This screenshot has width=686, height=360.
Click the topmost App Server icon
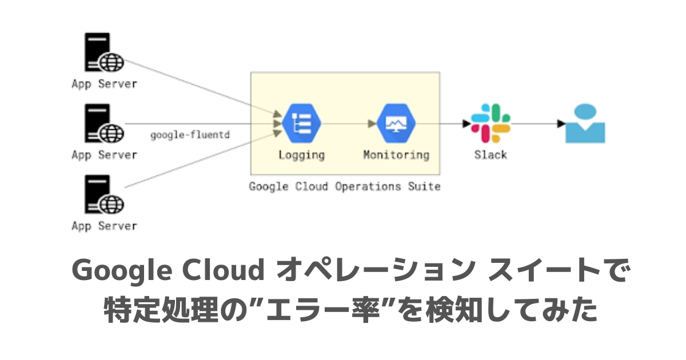[x=104, y=52]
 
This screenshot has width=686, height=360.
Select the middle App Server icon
[x=104, y=123]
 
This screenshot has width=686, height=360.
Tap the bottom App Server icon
[x=104, y=194]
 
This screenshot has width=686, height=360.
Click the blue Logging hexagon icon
[x=301, y=123]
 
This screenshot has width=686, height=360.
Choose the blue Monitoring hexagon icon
[x=396, y=123]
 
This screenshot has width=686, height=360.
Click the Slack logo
[x=490, y=123]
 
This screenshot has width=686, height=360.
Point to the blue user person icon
[x=585, y=123]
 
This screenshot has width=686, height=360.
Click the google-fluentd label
[x=190, y=135]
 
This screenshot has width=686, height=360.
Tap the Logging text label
[x=302, y=155]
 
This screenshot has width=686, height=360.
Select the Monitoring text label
[x=396, y=155]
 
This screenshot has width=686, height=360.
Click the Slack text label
[x=490, y=155]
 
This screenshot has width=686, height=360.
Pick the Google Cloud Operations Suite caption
[x=345, y=186]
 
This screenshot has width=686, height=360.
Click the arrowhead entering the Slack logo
[x=466, y=123]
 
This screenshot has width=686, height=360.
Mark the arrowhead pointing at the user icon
[x=561, y=123]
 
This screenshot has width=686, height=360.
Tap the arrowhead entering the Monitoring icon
[x=372, y=123]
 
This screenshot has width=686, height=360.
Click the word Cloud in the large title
[x=224, y=270]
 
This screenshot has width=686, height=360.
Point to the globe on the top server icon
[x=112, y=62]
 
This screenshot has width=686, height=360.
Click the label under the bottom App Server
[x=105, y=226]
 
